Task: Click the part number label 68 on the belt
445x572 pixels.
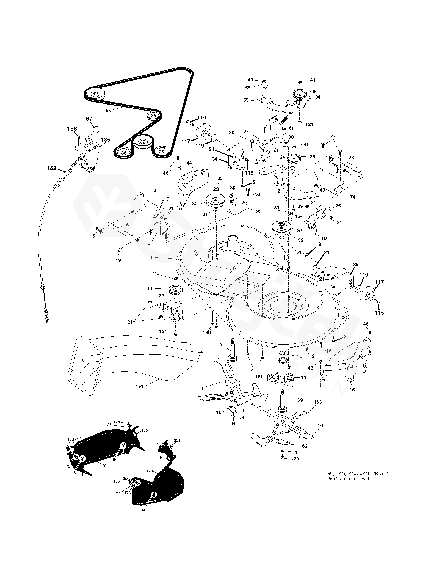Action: pos(108,110)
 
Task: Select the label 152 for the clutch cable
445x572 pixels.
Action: pos(52,168)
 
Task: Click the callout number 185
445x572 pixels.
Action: pos(105,140)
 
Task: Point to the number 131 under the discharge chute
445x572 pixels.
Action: pos(140,386)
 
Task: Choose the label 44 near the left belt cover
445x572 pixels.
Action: pos(189,163)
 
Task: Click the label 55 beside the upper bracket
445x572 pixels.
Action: pos(246,100)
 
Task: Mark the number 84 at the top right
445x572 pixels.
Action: pos(317,97)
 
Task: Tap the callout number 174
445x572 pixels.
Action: pos(351,197)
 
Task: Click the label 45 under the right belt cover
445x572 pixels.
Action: pos(352,389)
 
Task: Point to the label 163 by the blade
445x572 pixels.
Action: pos(317,402)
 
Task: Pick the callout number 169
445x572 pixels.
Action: pos(103,466)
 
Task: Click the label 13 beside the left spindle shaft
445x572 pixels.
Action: pos(219,345)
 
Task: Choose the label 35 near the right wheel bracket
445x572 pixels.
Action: pos(356,265)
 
